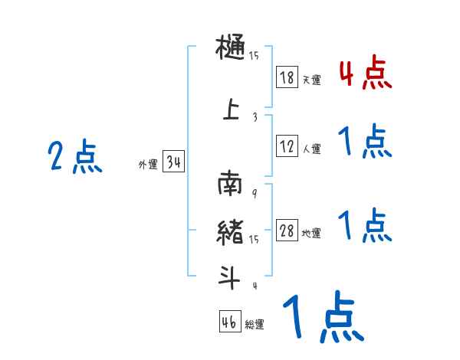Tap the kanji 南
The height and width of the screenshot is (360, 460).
pos(230,185)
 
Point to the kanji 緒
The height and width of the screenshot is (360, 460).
pos(230,231)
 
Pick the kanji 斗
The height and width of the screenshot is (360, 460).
pos(230,278)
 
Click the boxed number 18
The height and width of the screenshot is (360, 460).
pos(287,77)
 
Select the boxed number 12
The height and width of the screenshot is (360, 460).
pos(287,146)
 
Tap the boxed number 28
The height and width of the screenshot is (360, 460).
pos(287,231)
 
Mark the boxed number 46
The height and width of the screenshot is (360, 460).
pos(229,322)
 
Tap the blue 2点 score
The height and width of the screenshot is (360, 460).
pos(75,158)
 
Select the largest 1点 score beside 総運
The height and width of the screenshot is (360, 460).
pos(322,318)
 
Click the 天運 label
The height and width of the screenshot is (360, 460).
pos(311,80)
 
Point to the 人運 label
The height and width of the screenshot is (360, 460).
pos(311,149)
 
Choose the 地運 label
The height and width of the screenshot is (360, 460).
pos(311,234)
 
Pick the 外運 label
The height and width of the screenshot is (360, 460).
pos(147,165)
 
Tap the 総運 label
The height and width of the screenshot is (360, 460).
pos(255,325)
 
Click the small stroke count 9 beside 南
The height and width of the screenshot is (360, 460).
pos(254,193)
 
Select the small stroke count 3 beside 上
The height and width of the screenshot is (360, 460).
pos(254,117)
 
